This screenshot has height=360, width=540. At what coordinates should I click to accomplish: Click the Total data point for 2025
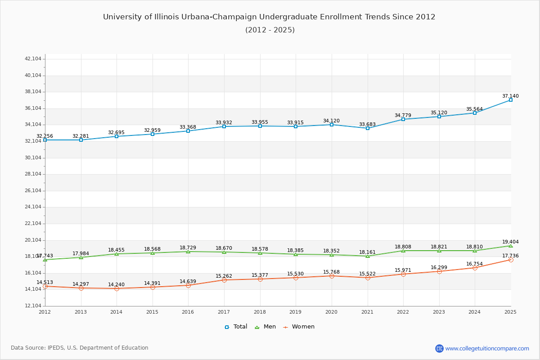coord(511,100)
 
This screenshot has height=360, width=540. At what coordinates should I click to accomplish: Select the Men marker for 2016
coord(188,252)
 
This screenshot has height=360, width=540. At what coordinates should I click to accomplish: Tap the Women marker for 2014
coord(117,288)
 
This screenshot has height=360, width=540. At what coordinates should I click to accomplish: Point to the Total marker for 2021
coord(368,128)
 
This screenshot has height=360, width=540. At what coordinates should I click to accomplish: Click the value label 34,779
coord(403,116)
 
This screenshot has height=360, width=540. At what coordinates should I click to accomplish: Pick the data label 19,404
coord(510,242)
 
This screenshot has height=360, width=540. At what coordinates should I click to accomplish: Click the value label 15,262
coord(224,276)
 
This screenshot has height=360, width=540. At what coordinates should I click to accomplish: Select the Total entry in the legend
coord(236,327)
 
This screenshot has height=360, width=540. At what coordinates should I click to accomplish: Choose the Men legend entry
coord(265,327)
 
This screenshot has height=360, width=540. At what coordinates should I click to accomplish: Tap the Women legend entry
coord(299,327)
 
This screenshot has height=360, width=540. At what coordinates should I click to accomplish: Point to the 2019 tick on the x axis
coord(296,312)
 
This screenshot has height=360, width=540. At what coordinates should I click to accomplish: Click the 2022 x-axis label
coord(403,312)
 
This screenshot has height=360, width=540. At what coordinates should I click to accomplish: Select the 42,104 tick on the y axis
coord(33,59)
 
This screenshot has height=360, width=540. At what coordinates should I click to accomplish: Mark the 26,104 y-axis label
coord(33,191)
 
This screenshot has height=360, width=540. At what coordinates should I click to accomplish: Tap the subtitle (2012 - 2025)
coord(270,30)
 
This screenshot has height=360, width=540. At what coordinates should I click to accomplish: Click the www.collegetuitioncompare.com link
coord(487,348)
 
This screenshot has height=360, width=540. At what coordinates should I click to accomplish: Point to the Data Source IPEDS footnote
coord(80,348)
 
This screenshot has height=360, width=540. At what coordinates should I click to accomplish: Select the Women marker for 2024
coord(475,268)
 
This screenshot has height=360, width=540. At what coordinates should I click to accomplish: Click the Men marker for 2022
coord(403,251)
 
